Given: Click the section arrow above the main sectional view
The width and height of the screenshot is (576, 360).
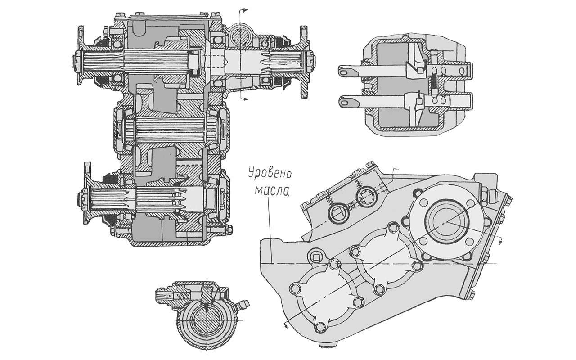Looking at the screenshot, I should pos(246,10).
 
